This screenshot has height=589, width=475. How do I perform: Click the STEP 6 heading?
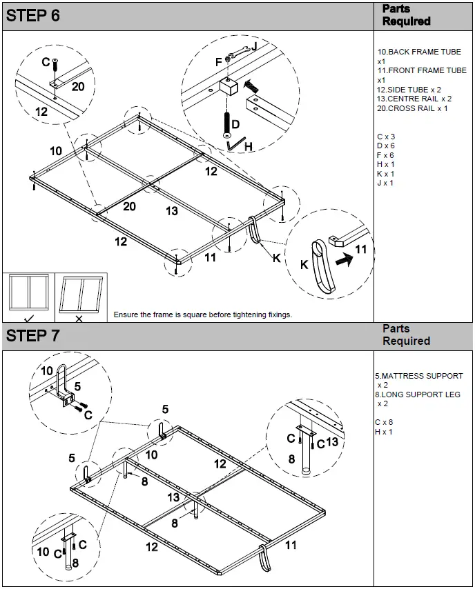click(x=33, y=16)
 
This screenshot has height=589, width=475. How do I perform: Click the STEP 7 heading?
click(x=33, y=336)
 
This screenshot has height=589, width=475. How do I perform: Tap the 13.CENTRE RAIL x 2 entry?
click(x=414, y=99)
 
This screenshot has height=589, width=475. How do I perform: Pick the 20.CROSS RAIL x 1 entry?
click(x=412, y=108)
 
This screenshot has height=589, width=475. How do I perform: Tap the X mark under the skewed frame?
click(x=79, y=319)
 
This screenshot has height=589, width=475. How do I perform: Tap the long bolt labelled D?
click(x=226, y=123)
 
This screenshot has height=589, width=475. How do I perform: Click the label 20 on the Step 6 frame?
click(x=129, y=206)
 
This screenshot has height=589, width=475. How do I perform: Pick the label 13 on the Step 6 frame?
click(x=172, y=211)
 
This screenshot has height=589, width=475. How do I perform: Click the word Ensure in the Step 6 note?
click(x=127, y=315)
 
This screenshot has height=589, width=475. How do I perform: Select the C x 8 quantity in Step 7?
click(x=384, y=422)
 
